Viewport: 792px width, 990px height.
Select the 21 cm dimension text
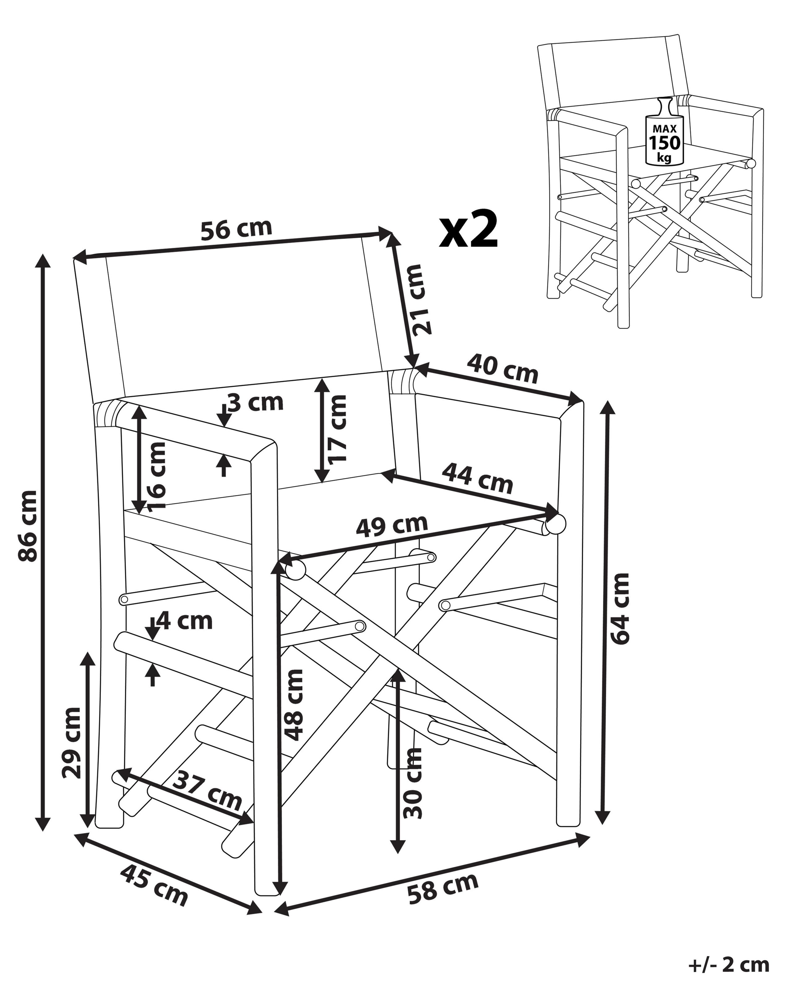pyautogui.click(x=421, y=299)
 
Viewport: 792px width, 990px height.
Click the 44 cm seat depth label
pyautogui.click(x=477, y=479)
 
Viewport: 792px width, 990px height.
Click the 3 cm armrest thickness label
pyautogui.click(x=255, y=403)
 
